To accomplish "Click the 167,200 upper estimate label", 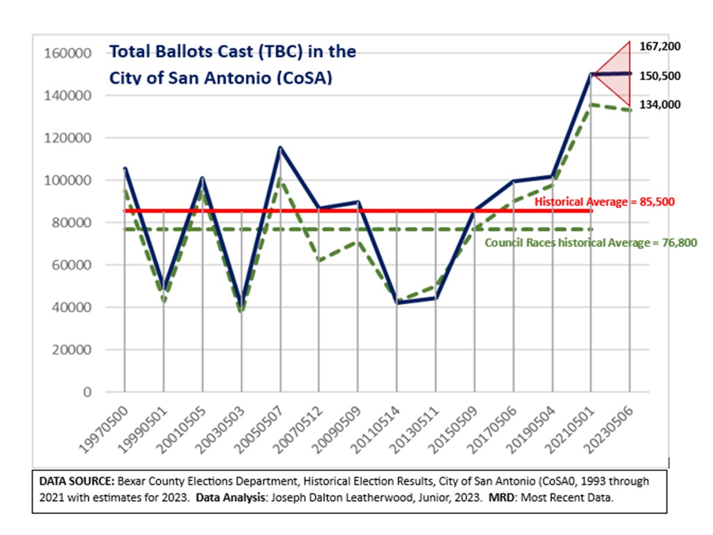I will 660,46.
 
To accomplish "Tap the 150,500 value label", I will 660,76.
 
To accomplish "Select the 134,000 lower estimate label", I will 660,105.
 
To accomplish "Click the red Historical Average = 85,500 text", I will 604,202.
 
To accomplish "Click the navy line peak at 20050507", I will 280,147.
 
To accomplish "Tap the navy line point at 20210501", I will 591,74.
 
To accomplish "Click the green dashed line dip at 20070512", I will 319,260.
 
